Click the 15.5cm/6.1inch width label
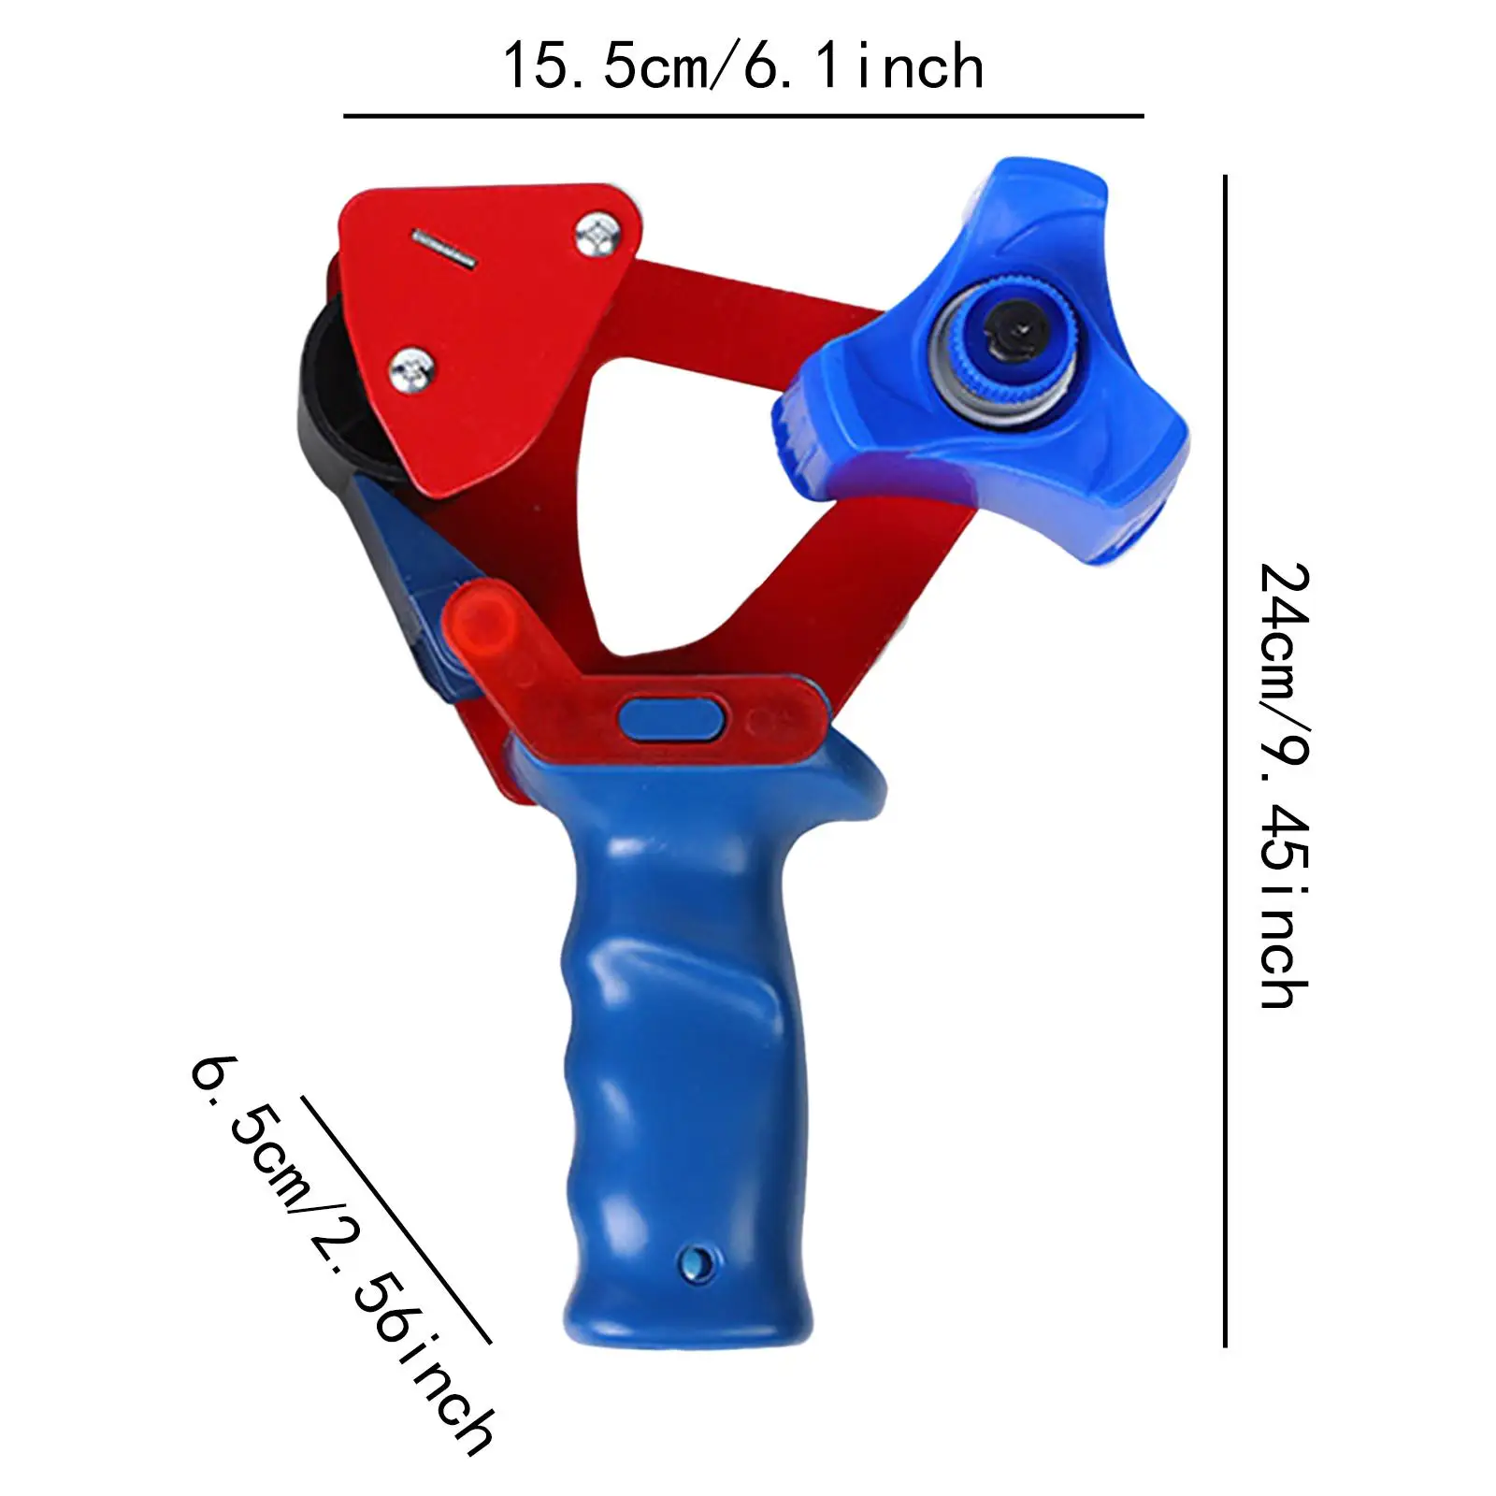[x=743, y=67]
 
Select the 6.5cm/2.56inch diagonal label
[x=341, y=1253]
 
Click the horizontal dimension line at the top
[x=743, y=116]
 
